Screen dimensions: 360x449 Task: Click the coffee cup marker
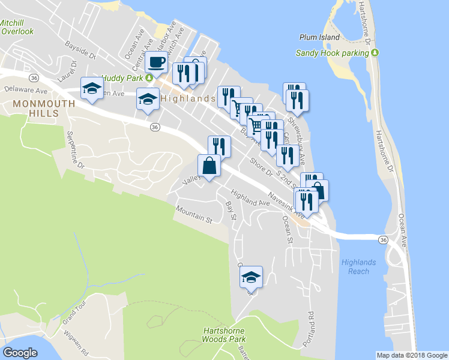tap(156, 62)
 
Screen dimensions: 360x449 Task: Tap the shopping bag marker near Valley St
tap(209, 165)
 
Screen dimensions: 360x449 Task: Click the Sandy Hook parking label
tap(332, 53)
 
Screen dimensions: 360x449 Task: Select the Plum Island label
tap(316, 37)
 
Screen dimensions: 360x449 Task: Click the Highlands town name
tap(187, 98)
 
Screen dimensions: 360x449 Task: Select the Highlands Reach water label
tap(359, 266)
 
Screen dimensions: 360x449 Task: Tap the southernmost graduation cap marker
tap(251, 277)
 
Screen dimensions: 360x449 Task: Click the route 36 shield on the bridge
tap(382, 239)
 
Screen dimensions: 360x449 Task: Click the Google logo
tap(20, 352)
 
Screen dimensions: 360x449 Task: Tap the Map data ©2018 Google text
tap(412, 355)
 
